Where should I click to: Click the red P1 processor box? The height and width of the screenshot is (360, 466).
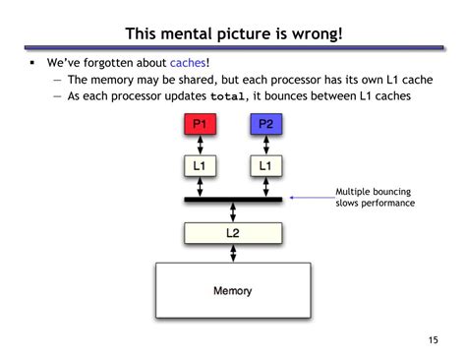click(x=200, y=124)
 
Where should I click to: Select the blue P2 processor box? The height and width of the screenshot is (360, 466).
click(x=265, y=124)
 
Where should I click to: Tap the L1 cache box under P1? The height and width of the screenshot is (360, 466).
click(x=200, y=166)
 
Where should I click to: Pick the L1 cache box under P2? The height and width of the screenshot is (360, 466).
click(x=265, y=166)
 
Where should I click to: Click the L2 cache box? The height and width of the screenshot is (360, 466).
click(x=233, y=233)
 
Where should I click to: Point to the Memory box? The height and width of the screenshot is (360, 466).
click(x=233, y=290)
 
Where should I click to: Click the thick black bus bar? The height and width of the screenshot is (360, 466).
click(x=233, y=199)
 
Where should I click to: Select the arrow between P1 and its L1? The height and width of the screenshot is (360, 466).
click(x=200, y=145)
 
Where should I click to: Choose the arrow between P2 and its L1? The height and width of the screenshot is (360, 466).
click(x=265, y=145)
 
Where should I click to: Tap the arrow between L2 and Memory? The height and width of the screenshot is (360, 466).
click(x=233, y=253)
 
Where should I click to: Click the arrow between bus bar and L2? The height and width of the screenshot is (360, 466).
click(x=233, y=211)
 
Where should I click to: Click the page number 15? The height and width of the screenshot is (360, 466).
click(x=434, y=340)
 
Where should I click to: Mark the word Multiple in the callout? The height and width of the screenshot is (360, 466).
click(x=357, y=192)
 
